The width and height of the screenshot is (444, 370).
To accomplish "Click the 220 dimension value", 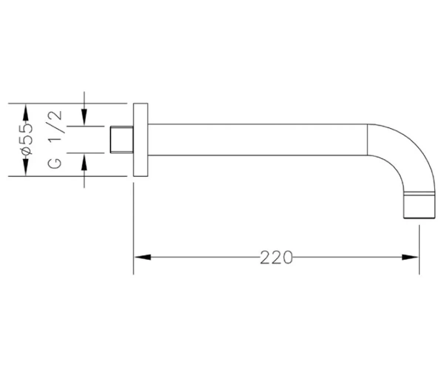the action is [276, 258].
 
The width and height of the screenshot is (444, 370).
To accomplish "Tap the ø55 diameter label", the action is [27, 139].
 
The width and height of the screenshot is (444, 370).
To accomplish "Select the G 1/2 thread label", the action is [55, 140].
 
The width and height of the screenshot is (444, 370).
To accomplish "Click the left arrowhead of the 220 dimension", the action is [142, 258].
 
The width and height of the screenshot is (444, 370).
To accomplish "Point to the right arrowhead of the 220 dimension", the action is [410, 258].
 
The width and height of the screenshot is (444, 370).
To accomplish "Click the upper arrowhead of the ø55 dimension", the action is [26, 112].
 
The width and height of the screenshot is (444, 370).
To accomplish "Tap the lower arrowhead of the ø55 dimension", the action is [26, 167].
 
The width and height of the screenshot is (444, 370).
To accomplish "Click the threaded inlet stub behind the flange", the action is [122, 140].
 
